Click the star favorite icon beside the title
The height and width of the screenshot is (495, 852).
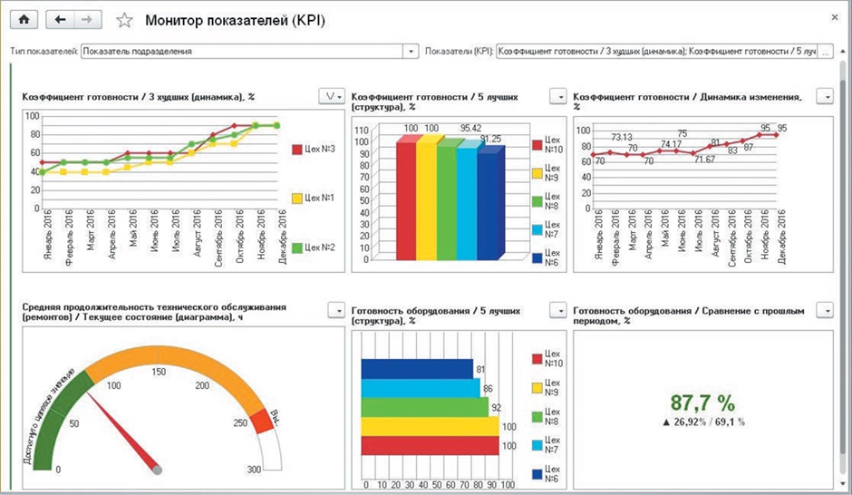click(x=125, y=20)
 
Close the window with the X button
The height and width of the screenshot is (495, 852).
click(x=834, y=17)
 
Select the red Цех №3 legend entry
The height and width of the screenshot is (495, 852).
click(x=311, y=149)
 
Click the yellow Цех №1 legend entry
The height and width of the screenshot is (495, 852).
click(x=311, y=197)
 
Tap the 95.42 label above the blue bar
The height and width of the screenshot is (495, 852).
click(x=470, y=129)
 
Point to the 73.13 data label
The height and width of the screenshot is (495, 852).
click(x=620, y=138)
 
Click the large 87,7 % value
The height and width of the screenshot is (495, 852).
click(x=702, y=403)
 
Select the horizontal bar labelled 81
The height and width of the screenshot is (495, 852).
click(x=417, y=369)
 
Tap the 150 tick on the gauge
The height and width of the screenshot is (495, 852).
click(x=159, y=372)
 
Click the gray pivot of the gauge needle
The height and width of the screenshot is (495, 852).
click(x=158, y=470)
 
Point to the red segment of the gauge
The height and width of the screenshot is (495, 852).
click(x=260, y=421)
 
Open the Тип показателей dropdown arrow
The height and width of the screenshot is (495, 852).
click(x=411, y=52)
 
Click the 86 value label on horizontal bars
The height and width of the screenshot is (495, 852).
click(x=488, y=388)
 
